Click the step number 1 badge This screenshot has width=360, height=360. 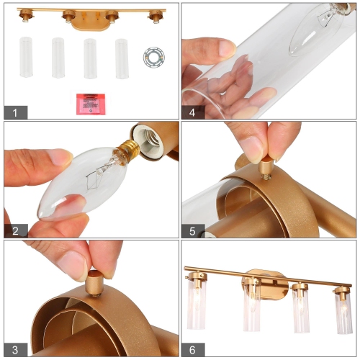[14, 112]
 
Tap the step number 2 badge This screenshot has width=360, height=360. [14, 230]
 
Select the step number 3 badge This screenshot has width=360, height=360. [14, 349]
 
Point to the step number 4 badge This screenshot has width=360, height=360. [192, 112]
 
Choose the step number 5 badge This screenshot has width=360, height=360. [192, 230]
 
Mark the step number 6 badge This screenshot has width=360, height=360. [192, 349]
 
